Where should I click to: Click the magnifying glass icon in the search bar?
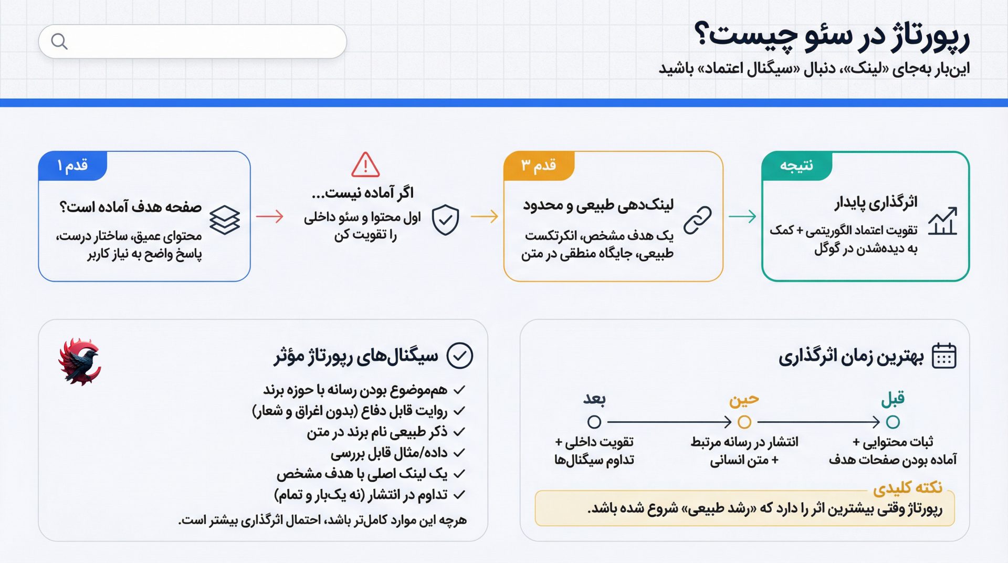point(59,41)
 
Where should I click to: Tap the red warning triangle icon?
point(365,165)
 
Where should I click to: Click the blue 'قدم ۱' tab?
point(72,166)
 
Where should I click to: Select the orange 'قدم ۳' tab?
point(539,166)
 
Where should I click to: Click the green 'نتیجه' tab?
point(796,166)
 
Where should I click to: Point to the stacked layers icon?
point(225,220)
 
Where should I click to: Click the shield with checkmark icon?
point(445,220)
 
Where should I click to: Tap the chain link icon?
point(698,220)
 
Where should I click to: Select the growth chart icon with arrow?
point(942,221)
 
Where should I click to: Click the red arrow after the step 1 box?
point(270,216)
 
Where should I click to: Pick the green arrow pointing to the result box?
point(742,216)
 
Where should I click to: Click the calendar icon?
point(944,356)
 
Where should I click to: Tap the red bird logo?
point(80,362)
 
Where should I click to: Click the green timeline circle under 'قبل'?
point(892,422)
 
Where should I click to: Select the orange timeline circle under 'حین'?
point(744,422)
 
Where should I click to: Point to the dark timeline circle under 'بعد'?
point(594,422)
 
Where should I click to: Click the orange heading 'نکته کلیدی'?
point(908,488)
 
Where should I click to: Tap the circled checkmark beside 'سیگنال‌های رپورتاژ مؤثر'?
point(459,356)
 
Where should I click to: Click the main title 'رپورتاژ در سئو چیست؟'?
point(832,37)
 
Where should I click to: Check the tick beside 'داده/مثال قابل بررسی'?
point(459,453)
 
